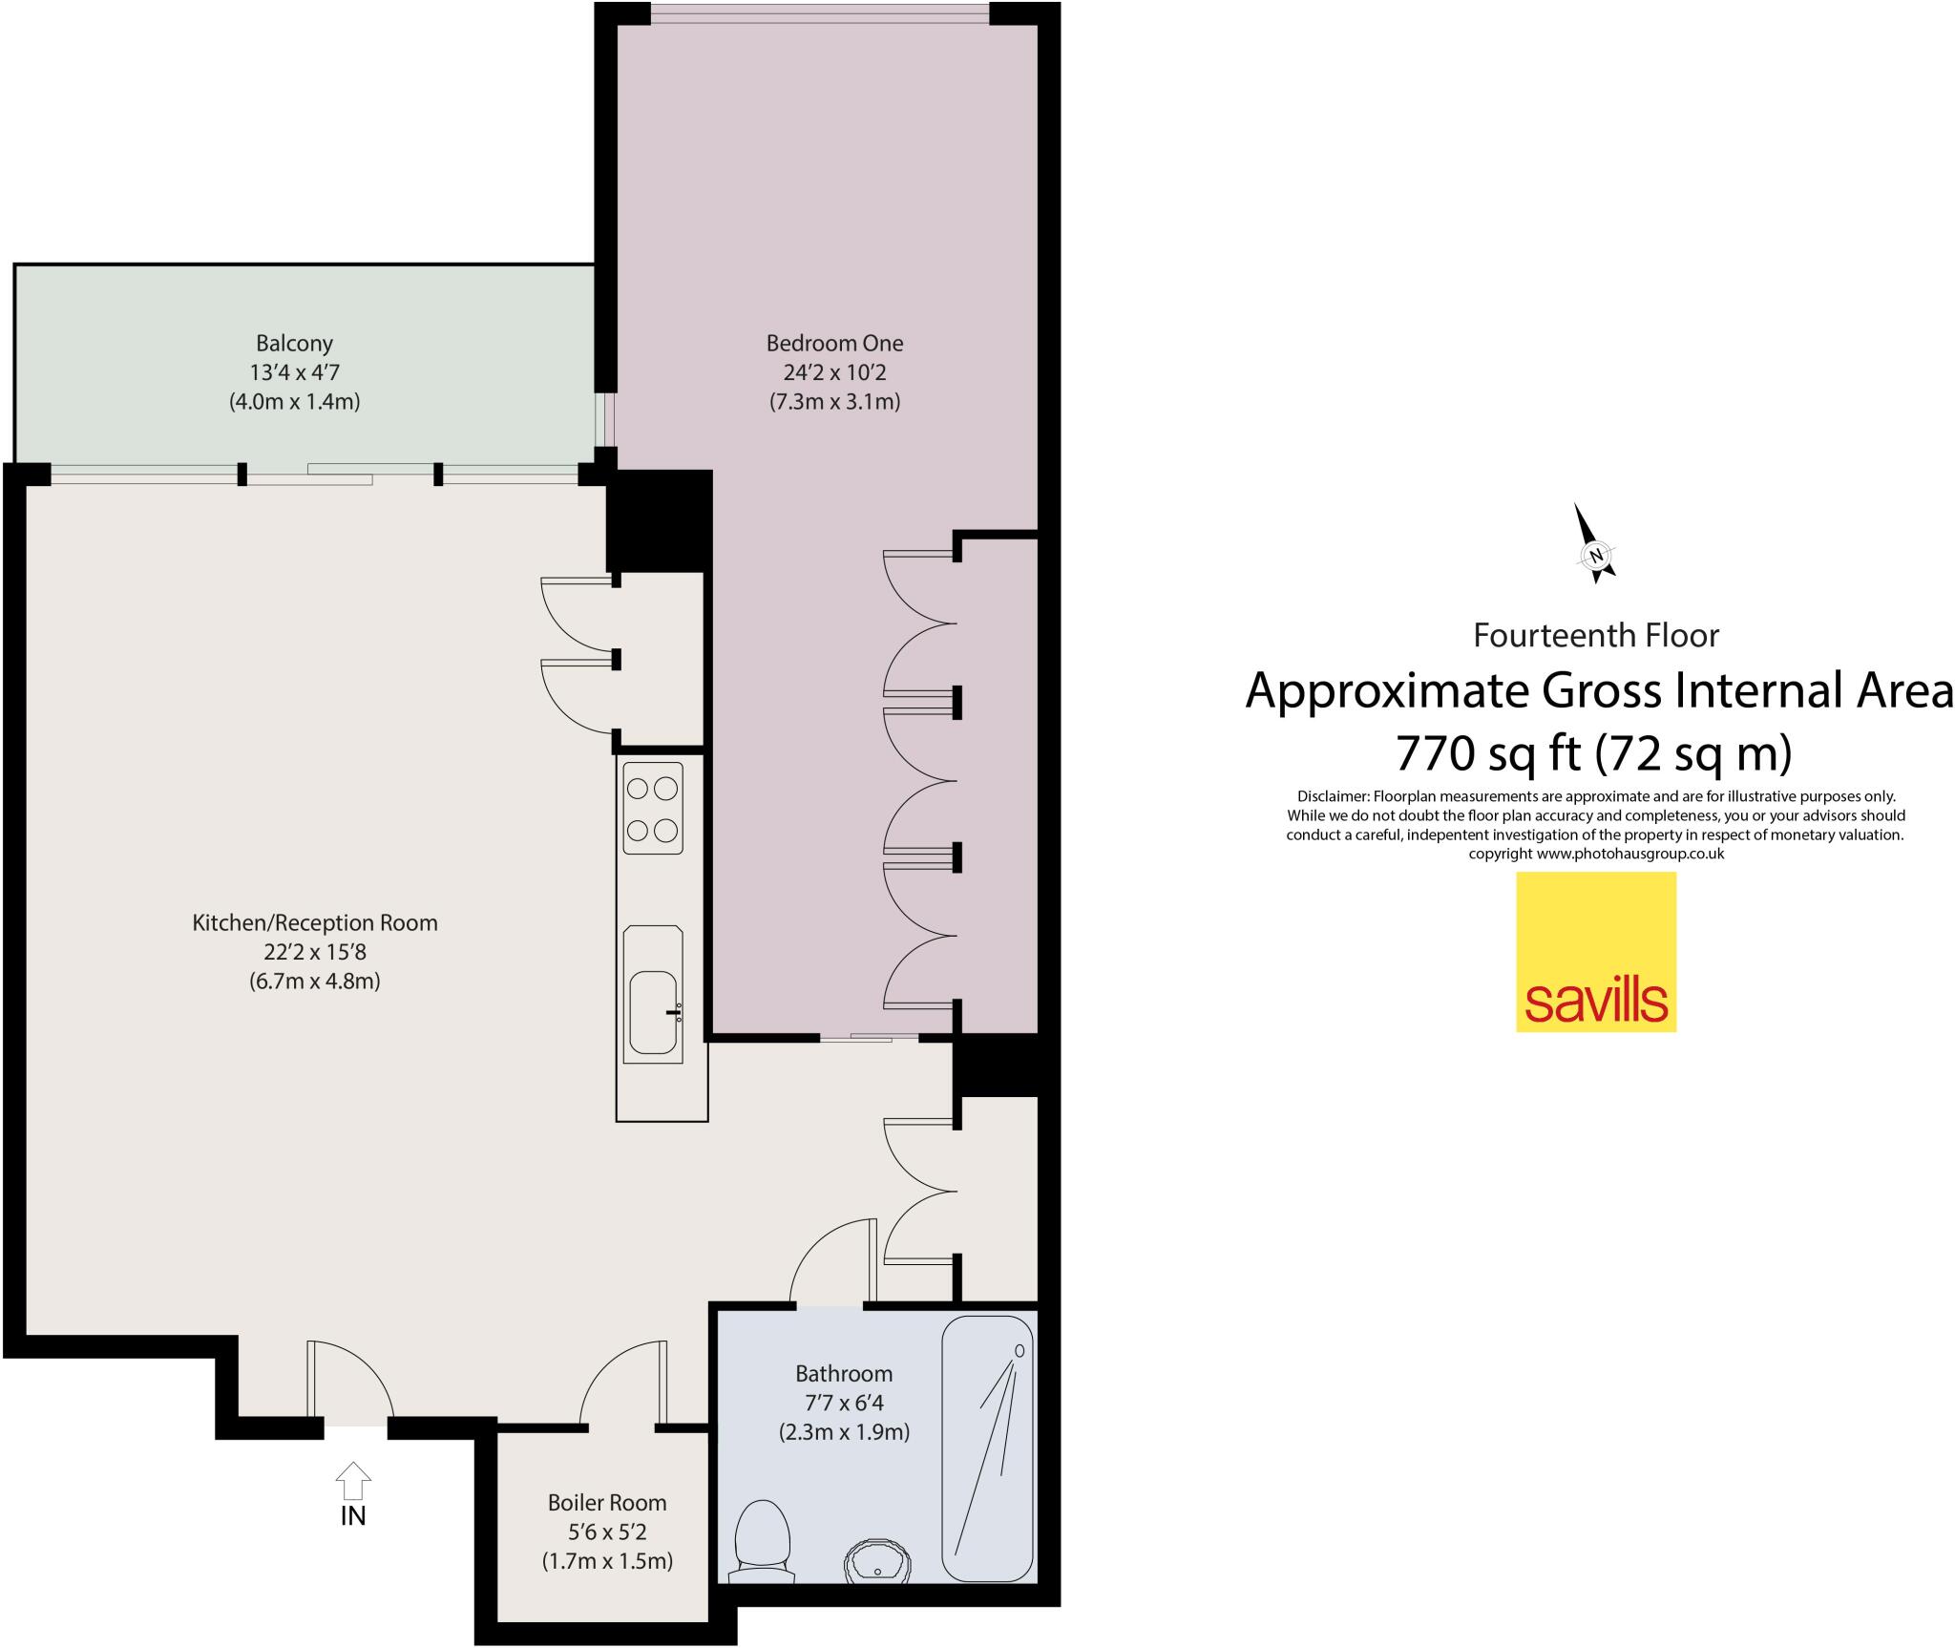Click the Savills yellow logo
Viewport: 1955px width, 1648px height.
point(1595,952)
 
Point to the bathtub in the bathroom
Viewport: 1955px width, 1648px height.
point(987,1449)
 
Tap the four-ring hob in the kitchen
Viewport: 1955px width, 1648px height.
point(653,808)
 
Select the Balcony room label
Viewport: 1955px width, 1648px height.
point(294,343)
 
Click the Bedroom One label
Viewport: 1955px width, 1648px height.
point(834,343)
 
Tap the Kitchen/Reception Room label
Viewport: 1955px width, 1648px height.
point(315,922)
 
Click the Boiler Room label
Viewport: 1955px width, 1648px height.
point(607,1502)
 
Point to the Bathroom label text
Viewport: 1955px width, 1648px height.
point(844,1373)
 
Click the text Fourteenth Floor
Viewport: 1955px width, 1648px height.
point(1596,635)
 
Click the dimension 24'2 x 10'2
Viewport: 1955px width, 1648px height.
point(834,372)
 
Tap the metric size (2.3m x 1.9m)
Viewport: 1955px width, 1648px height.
point(844,1432)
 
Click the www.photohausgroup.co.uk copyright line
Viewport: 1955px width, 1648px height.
point(1596,854)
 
